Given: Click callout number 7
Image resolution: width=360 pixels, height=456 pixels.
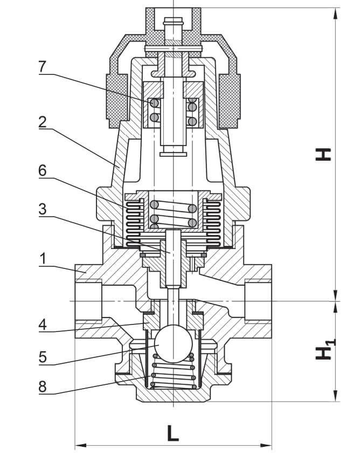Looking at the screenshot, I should (x=43, y=67).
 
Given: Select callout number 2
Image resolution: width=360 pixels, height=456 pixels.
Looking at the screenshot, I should (x=43, y=121).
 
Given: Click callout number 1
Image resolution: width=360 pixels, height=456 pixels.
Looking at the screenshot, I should (x=43, y=259).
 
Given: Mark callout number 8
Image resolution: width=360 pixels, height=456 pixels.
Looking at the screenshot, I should (x=43, y=388).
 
